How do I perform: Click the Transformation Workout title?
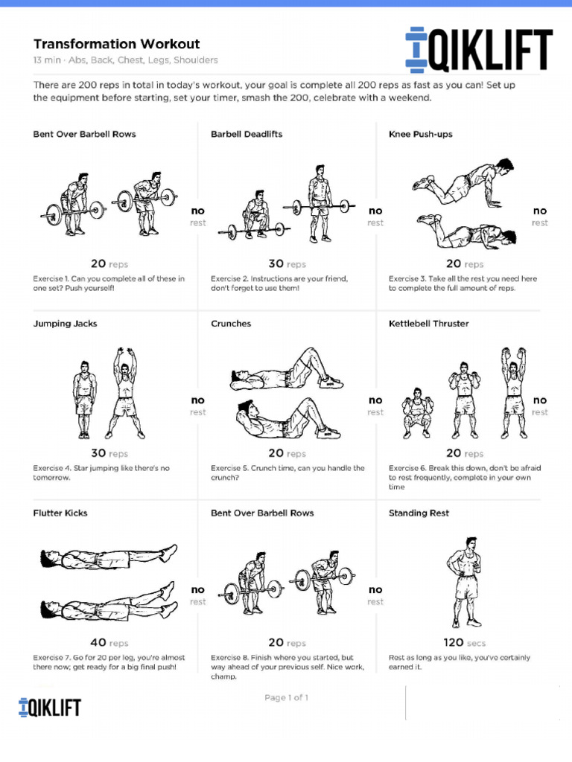tap(116, 44)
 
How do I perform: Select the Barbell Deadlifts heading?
tap(247, 134)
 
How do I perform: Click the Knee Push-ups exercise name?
tap(420, 134)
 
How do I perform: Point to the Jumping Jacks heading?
tap(65, 324)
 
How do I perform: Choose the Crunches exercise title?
tap(231, 324)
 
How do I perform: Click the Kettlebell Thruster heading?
tap(428, 324)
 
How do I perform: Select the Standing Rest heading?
tap(419, 513)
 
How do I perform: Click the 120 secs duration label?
tap(464, 642)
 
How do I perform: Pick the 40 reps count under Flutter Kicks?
tap(109, 642)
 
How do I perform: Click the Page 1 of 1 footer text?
tap(286, 698)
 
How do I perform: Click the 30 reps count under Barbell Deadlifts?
tap(287, 263)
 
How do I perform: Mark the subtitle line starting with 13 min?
tap(126, 60)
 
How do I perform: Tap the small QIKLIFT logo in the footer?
tap(50, 706)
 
